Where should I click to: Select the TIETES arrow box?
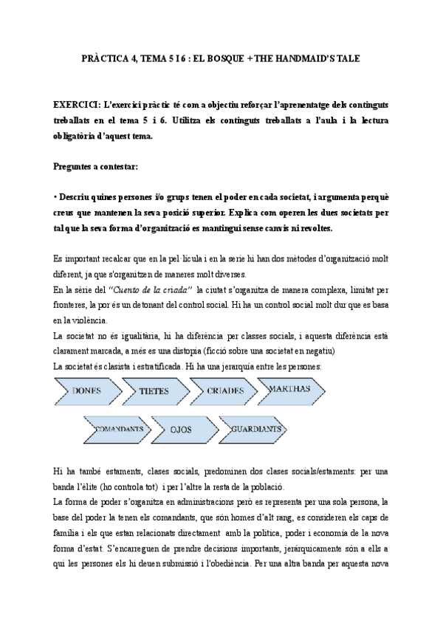154,391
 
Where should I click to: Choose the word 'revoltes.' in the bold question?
313,228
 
